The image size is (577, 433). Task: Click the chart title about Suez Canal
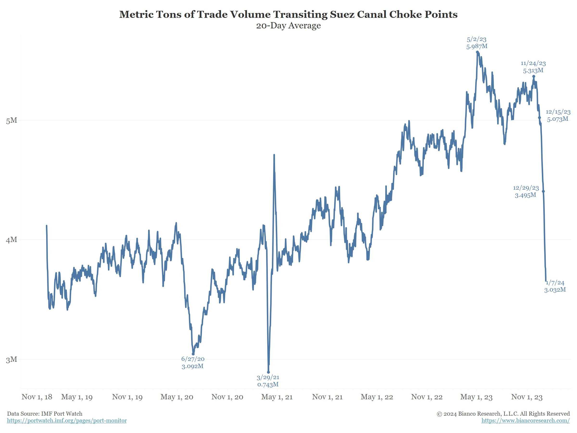[288, 14]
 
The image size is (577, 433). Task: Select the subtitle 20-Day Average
[288, 25]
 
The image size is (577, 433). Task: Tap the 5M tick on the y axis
[12, 120]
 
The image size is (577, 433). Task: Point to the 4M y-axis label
[12, 240]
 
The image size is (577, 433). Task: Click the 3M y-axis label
[12, 359]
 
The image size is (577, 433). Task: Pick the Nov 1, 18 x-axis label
[37, 397]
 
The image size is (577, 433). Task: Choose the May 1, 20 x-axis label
[177, 397]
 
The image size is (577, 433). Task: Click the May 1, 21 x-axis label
[277, 397]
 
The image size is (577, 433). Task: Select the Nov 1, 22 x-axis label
[427, 397]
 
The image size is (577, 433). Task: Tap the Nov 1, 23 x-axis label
[527, 397]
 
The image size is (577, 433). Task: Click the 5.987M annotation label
[477, 46]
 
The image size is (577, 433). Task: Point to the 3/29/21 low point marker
[268, 372]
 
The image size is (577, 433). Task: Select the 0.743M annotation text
[268, 384]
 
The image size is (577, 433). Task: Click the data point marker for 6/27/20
[193, 354]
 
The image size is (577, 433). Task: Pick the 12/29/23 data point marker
[543, 191]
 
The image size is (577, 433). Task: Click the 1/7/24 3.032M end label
[555, 286]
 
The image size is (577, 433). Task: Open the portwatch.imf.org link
[67, 420]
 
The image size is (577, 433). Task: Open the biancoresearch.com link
[525, 420]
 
